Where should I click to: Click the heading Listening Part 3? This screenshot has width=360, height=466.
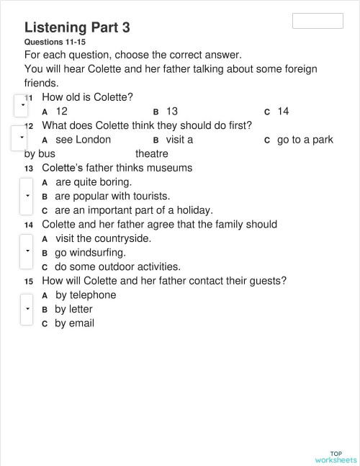(x=77, y=27)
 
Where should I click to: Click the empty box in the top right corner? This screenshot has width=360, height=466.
(x=318, y=21)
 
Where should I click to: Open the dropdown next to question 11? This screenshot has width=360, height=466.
(x=22, y=106)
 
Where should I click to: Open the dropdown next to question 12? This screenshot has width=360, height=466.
(x=22, y=136)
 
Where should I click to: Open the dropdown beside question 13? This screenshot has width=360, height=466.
(x=27, y=196)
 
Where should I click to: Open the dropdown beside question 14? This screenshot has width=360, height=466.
(x=27, y=251)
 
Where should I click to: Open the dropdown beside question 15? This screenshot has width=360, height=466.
(x=27, y=308)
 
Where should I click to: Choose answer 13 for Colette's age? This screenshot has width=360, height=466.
(x=171, y=112)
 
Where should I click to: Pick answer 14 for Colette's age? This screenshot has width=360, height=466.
(x=282, y=112)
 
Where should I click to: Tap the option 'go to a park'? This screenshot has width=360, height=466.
(x=305, y=140)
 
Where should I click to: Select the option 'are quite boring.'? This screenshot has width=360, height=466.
(x=93, y=182)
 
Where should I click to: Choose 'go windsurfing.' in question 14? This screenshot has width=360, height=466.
(x=90, y=253)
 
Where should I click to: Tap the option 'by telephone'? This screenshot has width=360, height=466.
(x=85, y=295)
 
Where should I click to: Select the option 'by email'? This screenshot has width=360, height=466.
(x=74, y=323)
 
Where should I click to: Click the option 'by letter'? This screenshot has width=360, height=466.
(x=73, y=309)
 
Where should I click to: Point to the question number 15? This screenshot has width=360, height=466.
(x=29, y=282)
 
